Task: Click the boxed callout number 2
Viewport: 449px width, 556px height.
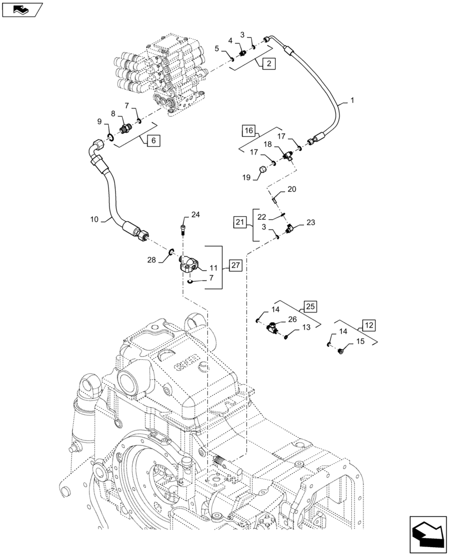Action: [268, 64]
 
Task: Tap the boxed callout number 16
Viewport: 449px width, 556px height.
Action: [249, 131]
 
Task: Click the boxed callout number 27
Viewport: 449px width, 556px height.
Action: [235, 266]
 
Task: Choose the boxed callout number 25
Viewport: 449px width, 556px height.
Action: [310, 305]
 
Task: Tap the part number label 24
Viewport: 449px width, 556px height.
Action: [195, 215]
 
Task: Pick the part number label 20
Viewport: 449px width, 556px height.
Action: [292, 190]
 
